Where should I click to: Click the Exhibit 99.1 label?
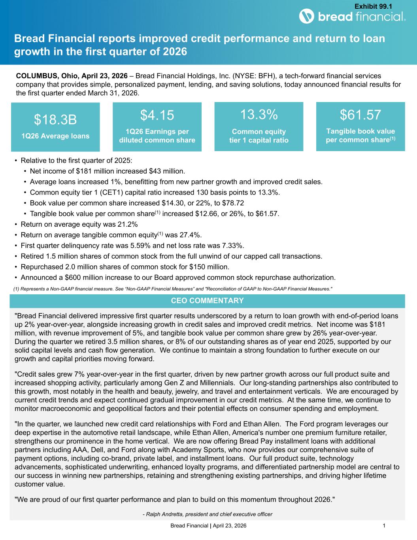coord(373,6)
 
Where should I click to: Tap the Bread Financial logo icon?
coord(306,17)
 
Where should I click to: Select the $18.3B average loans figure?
coord(55,119)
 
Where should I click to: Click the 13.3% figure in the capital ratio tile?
coord(259,114)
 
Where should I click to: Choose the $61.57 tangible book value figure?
coord(360,114)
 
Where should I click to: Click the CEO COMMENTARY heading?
coord(207,301)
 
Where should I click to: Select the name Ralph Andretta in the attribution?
coord(166,514)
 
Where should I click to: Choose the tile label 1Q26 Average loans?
coord(55,136)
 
